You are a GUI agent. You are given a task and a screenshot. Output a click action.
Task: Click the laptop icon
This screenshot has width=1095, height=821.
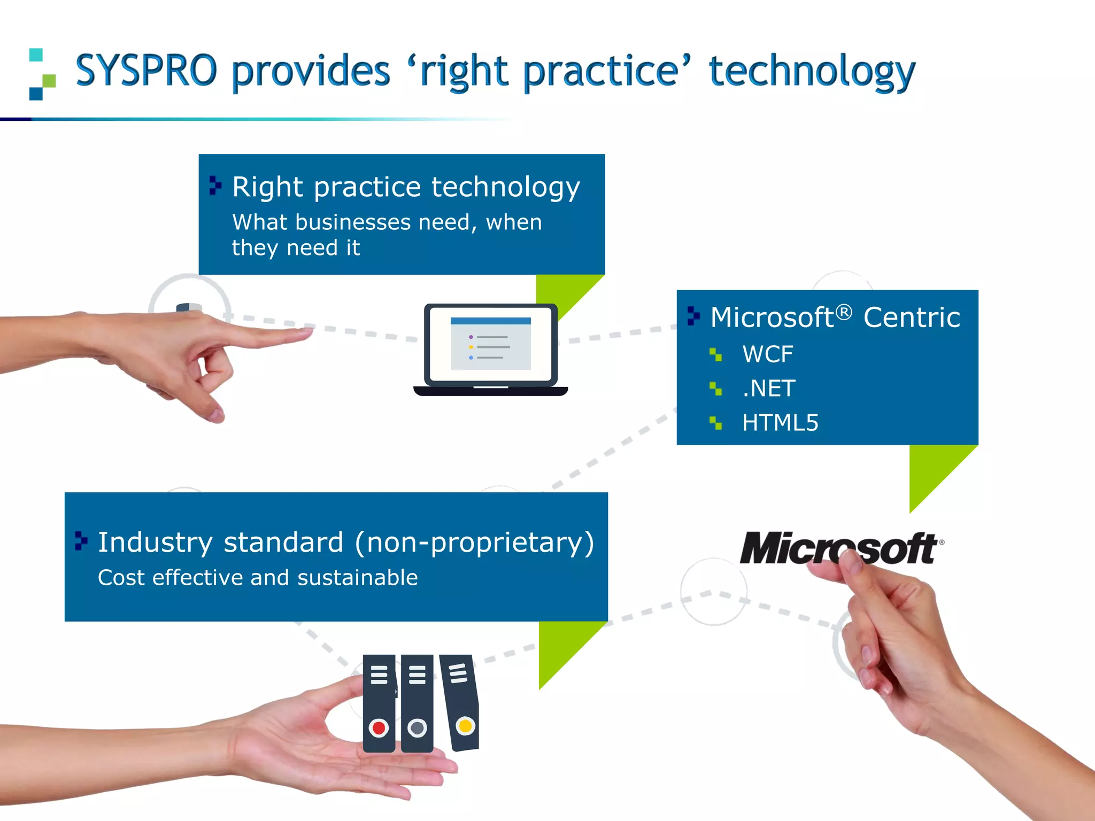click(490, 350)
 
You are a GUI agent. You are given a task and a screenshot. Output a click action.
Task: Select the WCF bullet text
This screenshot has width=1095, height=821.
click(767, 354)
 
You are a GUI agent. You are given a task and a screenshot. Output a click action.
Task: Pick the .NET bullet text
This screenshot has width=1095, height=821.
click(769, 389)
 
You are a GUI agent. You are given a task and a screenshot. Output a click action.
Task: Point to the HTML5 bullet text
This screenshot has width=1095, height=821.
click(780, 423)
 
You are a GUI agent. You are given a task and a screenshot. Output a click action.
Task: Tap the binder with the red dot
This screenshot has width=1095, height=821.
click(379, 703)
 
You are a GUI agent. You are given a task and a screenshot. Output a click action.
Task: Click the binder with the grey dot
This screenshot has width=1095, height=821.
click(417, 703)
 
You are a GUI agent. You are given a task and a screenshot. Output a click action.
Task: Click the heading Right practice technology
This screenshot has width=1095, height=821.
click(406, 187)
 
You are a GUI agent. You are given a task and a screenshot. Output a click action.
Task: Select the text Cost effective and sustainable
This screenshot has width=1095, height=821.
click(258, 578)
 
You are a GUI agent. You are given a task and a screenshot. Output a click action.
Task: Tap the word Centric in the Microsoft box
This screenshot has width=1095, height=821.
click(912, 317)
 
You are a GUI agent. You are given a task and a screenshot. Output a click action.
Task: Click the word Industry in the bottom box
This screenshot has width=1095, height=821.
click(155, 543)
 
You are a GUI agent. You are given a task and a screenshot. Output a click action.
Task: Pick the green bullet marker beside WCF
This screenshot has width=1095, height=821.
click(715, 354)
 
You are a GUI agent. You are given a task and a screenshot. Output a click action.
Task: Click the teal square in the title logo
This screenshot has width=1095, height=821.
click(36, 55)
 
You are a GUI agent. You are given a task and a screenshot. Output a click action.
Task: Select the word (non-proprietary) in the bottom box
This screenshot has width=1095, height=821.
click(474, 543)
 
